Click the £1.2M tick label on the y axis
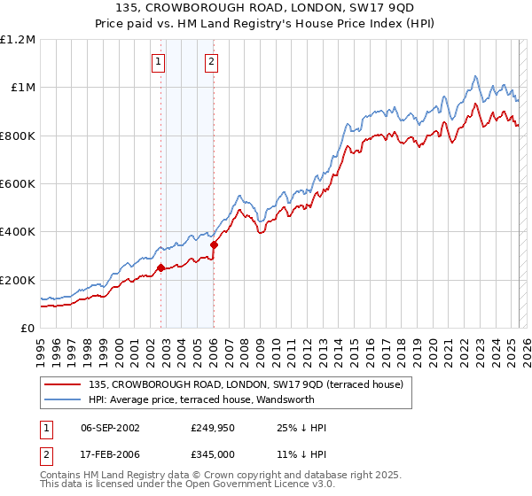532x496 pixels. [x=18, y=40]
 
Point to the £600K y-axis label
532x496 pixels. [x=18, y=184]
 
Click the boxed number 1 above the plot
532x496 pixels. [x=158, y=62]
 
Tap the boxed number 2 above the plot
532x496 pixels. [x=212, y=62]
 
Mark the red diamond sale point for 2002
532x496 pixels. [x=160, y=267]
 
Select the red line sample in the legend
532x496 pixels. [x=62, y=384]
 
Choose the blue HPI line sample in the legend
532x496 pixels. [x=62, y=399]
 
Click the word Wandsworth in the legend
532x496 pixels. [x=301, y=399]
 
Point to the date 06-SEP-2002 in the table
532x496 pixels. [x=110, y=428]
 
